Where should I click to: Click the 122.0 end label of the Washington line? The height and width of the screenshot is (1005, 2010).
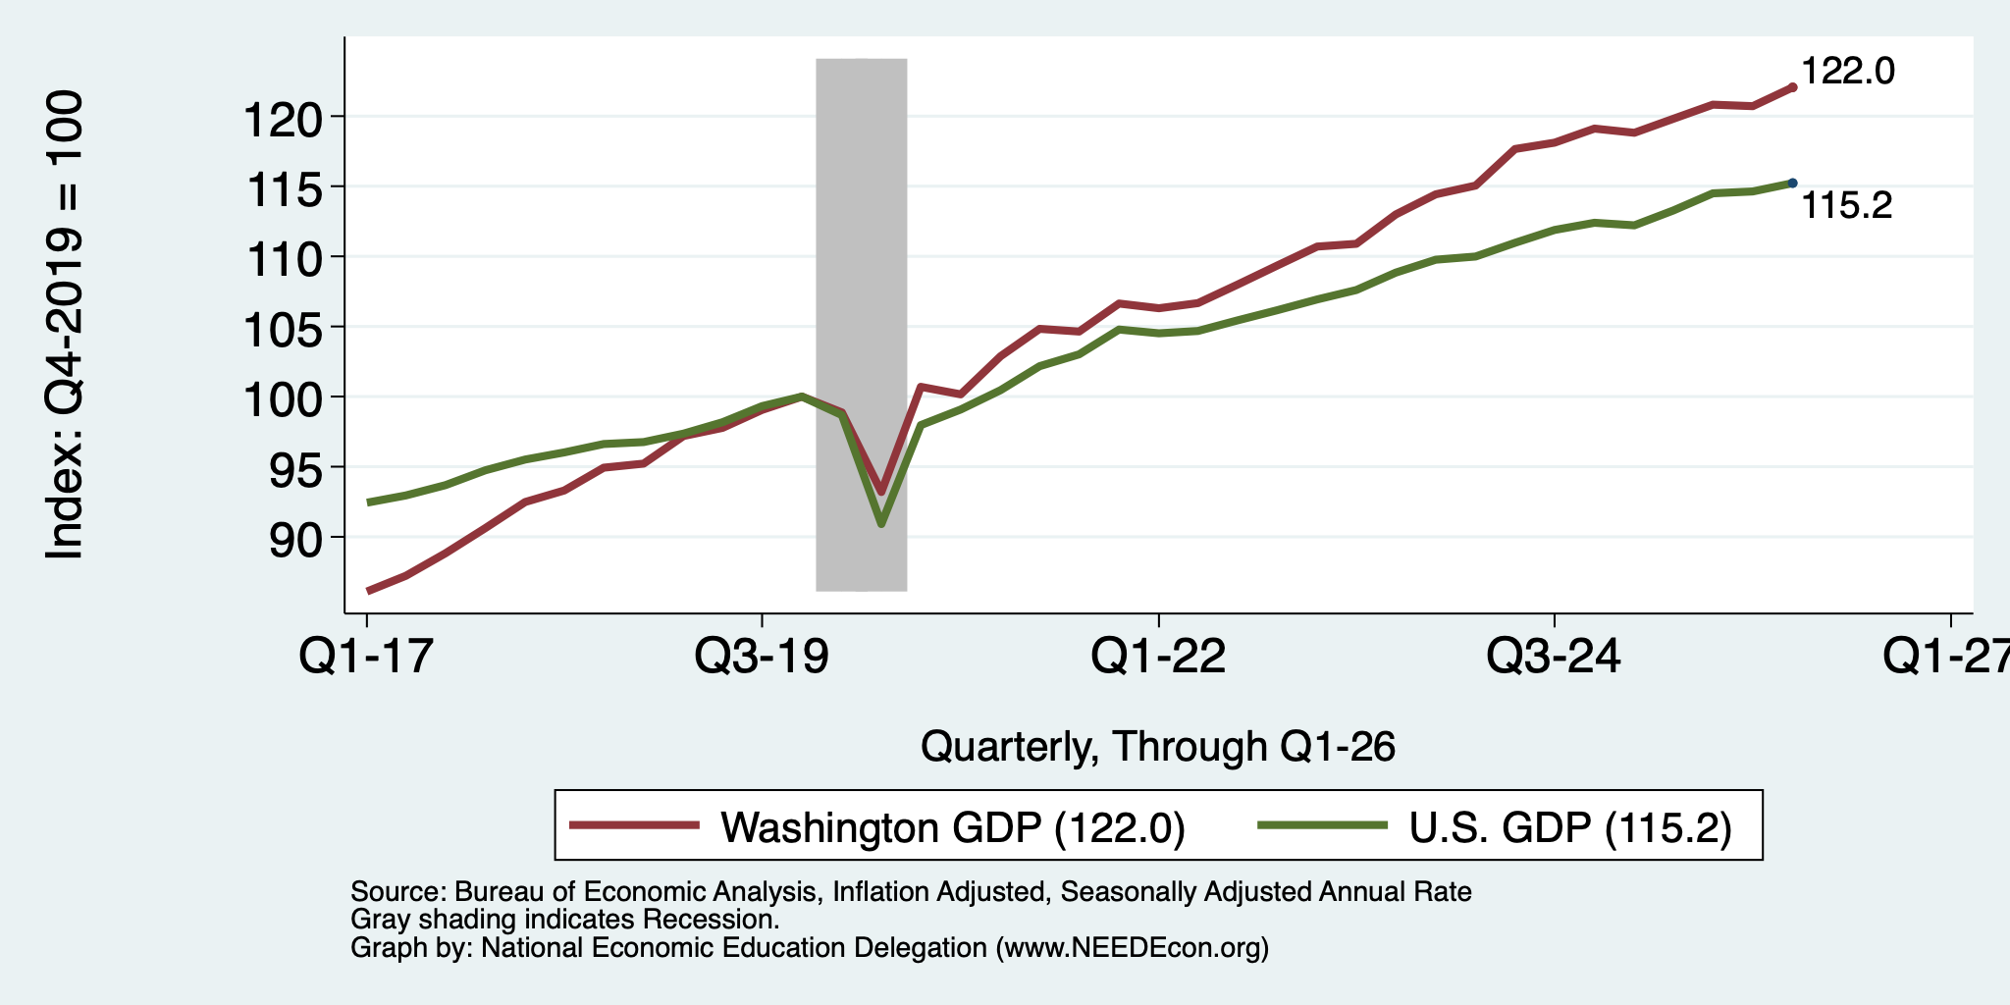pyautogui.click(x=1848, y=72)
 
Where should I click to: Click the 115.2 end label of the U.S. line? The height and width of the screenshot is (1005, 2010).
pyautogui.click(x=1847, y=205)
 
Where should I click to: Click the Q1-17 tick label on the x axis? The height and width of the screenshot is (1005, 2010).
pyautogui.click(x=366, y=656)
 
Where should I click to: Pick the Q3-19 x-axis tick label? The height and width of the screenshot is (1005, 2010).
pyautogui.click(x=762, y=656)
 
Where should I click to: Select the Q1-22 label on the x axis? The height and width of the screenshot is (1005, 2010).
pyautogui.click(x=1158, y=656)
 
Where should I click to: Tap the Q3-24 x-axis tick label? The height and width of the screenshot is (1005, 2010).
pyautogui.click(x=1554, y=656)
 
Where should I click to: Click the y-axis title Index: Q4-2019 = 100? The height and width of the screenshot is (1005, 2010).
pyautogui.click(x=65, y=325)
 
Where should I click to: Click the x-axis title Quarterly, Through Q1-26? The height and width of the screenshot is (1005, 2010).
pyautogui.click(x=1158, y=747)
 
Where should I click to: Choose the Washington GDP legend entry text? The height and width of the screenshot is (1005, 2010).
pyautogui.click(x=953, y=827)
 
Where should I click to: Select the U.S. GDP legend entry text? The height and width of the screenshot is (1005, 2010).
pyautogui.click(x=1570, y=827)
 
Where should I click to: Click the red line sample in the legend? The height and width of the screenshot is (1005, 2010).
pyautogui.click(x=635, y=825)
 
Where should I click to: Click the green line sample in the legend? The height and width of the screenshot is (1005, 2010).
pyautogui.click(x=1323, y=825)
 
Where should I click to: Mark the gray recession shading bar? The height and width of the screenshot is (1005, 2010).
pyautogui.click(x=861, y=325)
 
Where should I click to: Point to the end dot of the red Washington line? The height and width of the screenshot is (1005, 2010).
pyautogui.click(x=1792, y=87)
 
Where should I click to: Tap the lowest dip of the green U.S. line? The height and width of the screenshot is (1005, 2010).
pyautogui.click(x=881, y=523)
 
